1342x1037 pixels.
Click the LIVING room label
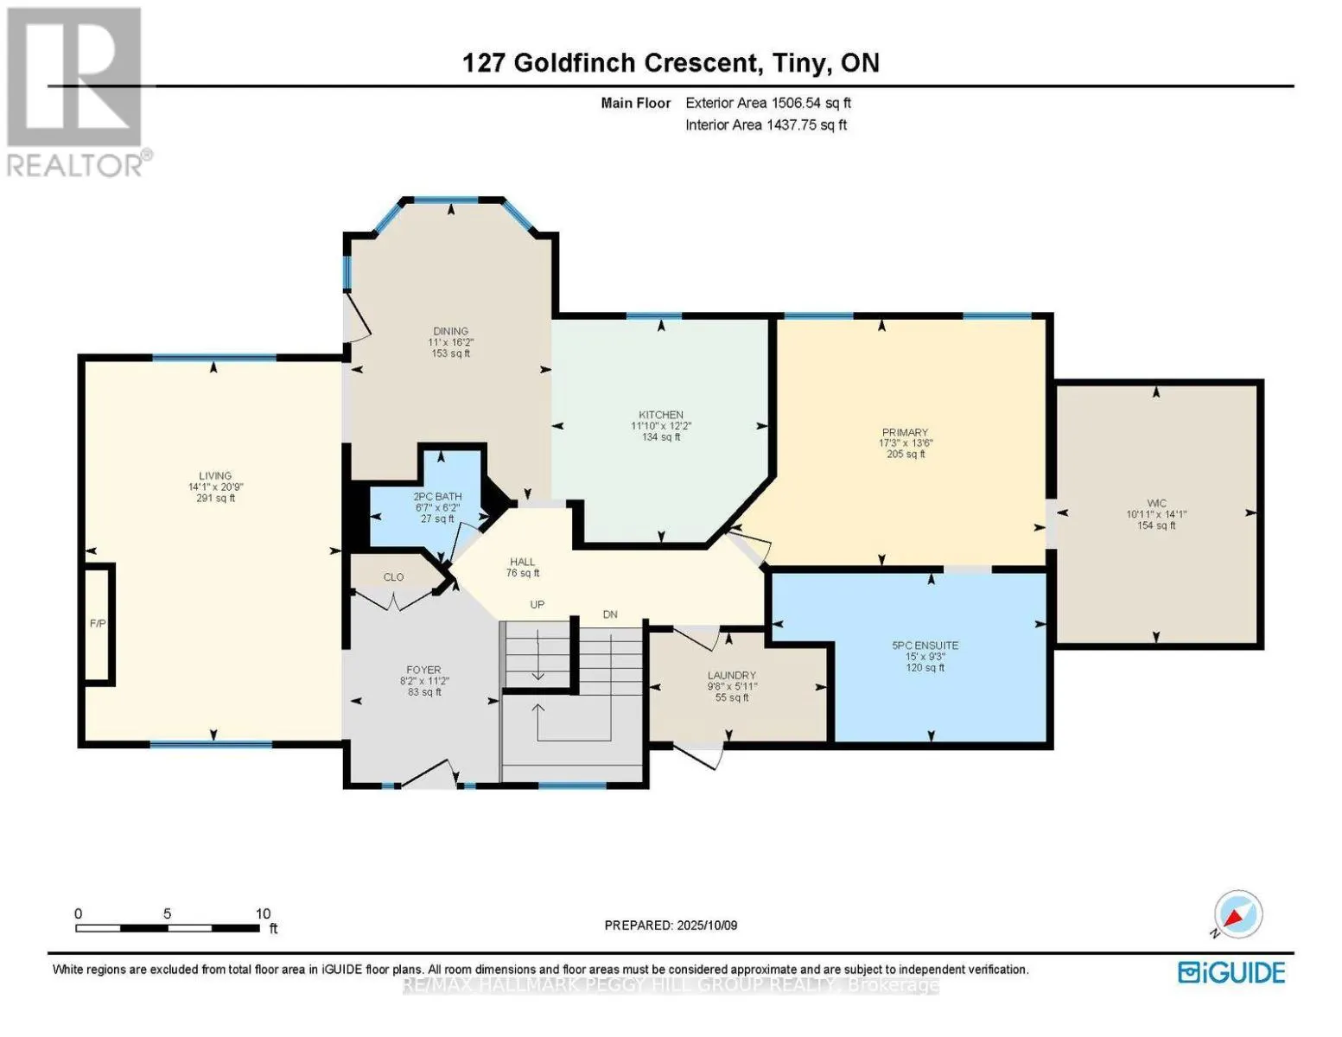[215, 475]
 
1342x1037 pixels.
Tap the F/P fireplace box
[98, 623]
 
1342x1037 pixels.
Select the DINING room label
[450, 331]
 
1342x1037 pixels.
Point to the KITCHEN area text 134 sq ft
[661, 437]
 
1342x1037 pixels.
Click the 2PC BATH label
[437, 496]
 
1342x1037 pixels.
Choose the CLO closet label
[394, 576]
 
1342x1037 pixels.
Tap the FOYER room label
[423, 670]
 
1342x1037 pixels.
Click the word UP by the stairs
[537, 605]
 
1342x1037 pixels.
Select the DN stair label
[610, 614]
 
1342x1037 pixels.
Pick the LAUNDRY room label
[732, 675]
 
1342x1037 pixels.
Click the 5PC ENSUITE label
[925, 645]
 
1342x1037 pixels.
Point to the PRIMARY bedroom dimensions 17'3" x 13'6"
[906, 443]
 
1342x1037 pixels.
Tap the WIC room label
[1156, 503]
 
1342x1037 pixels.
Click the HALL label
[522, 562]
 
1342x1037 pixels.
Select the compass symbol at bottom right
[1237, 914]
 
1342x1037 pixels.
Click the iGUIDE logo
[1231, 972]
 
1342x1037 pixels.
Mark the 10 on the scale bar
[263, 913]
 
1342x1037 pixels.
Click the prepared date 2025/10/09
[706, 926]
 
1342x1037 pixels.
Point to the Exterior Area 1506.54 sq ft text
[768, 103]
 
